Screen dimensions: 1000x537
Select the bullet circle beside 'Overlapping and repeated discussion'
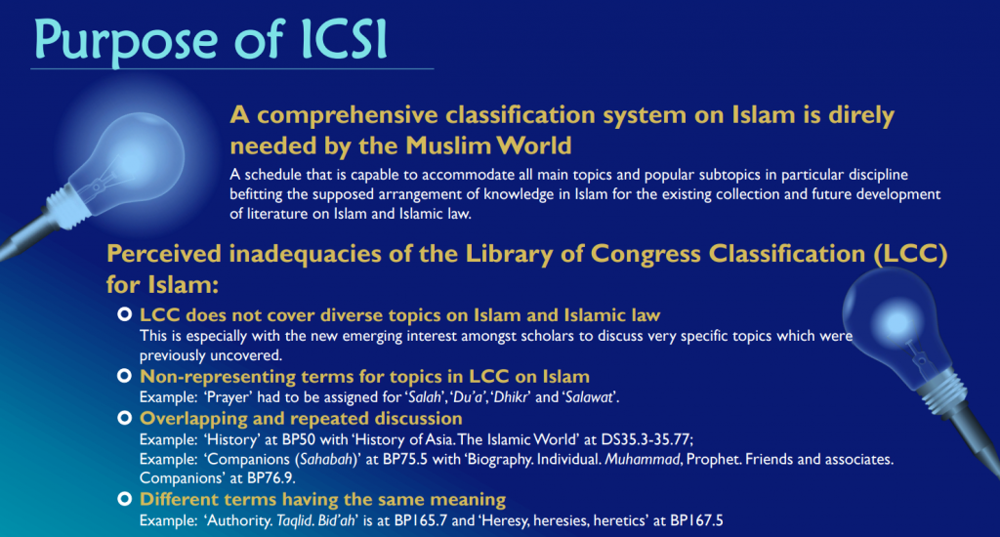124,419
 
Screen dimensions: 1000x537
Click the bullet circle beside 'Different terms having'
124,499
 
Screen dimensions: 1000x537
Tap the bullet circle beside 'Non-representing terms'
124,376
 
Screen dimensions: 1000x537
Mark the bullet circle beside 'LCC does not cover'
124,314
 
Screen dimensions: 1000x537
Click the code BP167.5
696,520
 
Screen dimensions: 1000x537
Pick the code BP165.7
421,520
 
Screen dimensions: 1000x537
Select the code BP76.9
271,477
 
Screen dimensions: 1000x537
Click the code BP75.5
405,459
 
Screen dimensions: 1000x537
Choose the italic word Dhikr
511,397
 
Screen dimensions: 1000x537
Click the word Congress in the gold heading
645,255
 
